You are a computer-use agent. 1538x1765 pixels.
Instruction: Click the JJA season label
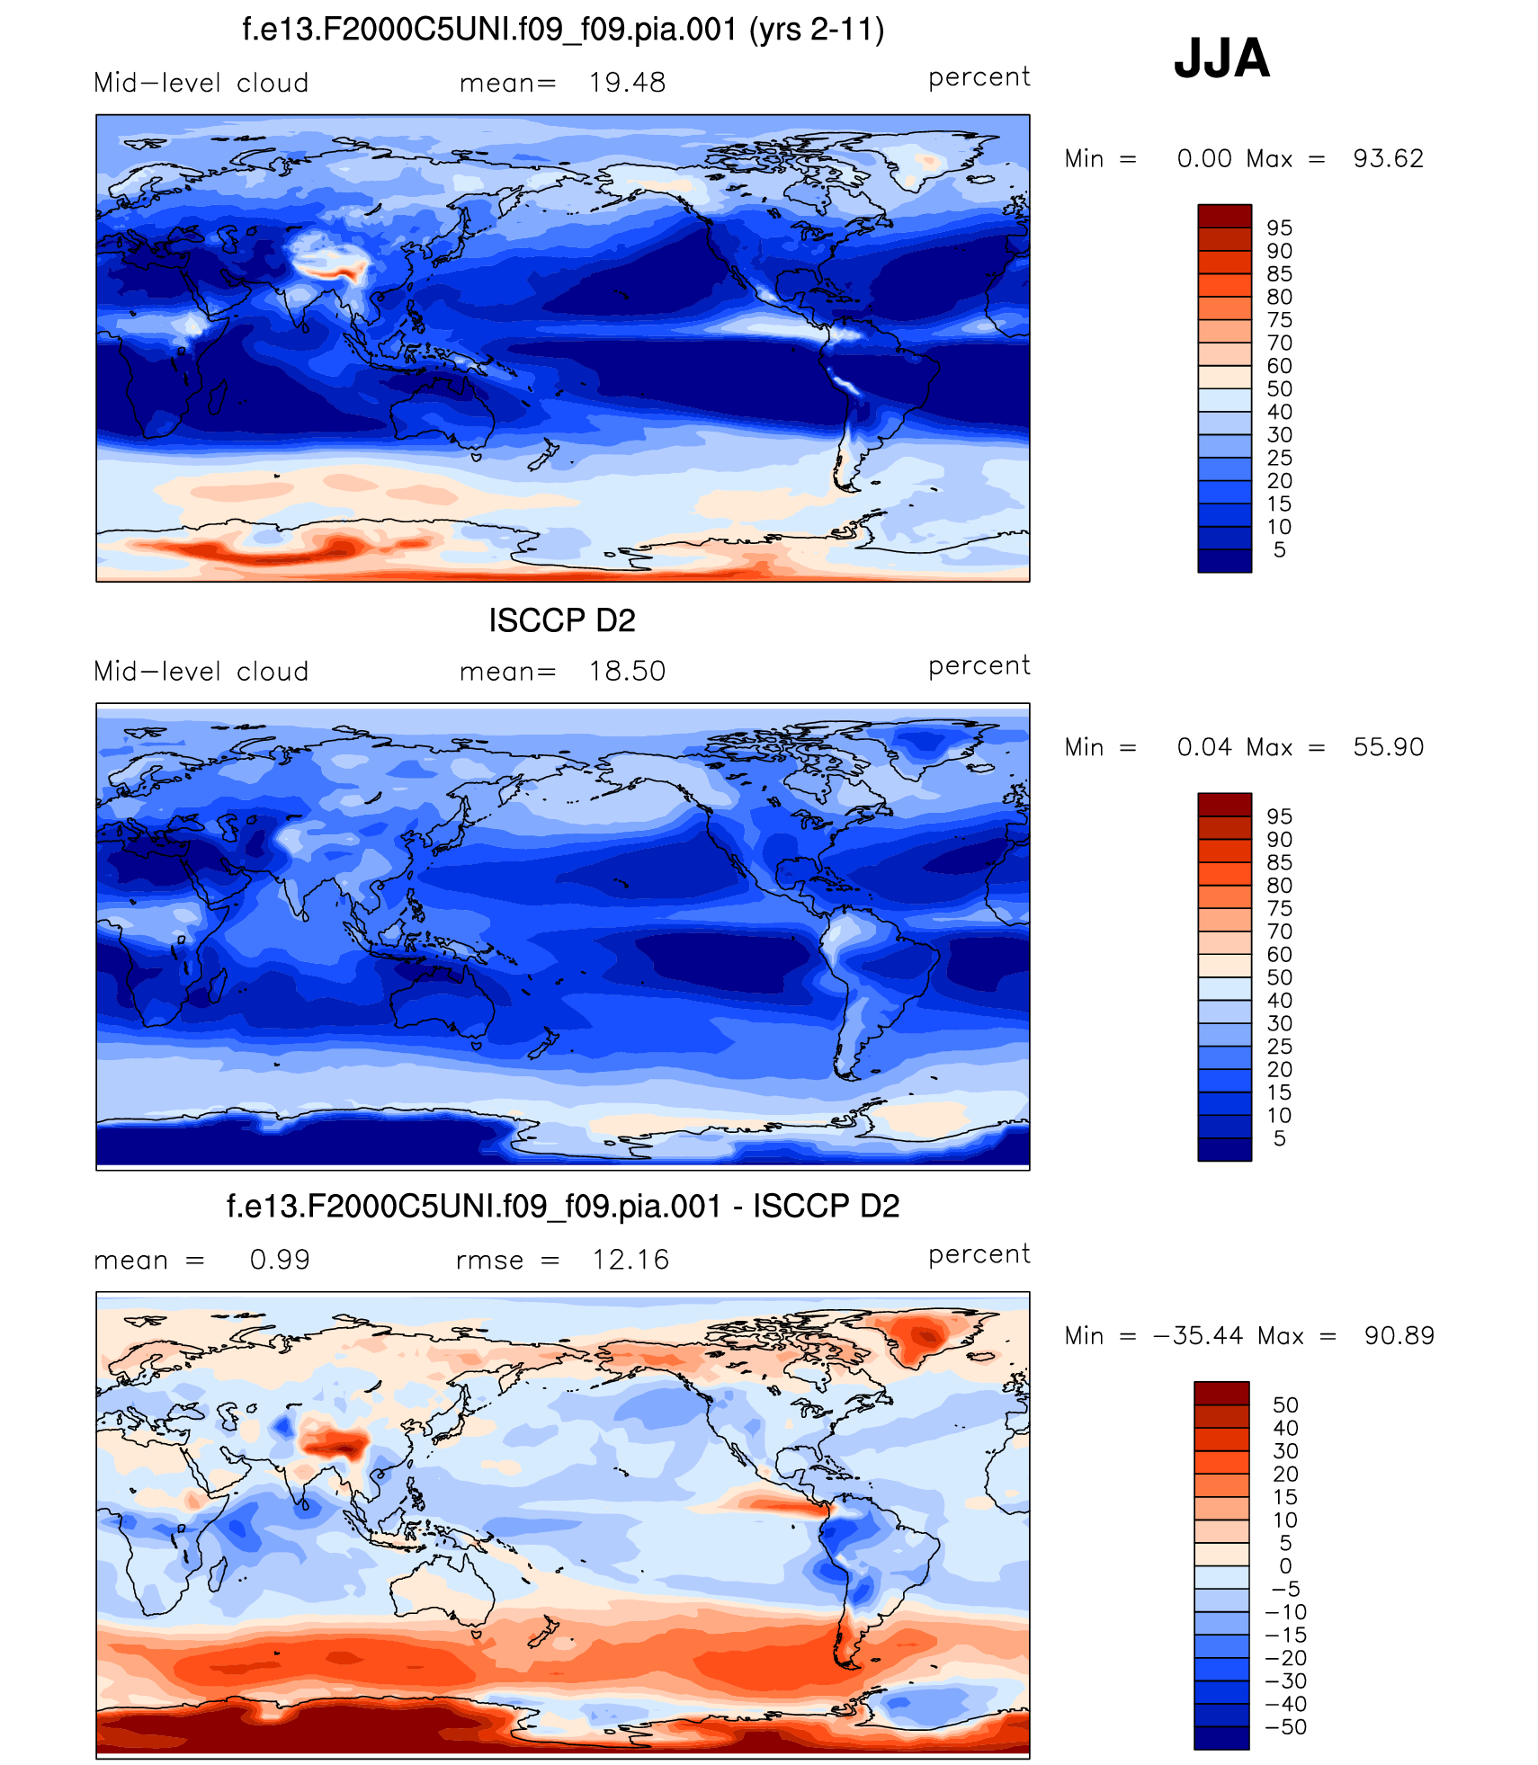coord(1221,59)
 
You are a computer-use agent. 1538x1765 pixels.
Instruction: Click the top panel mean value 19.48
coord(627,83)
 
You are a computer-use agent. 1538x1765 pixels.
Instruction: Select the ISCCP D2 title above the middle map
coord(562,620)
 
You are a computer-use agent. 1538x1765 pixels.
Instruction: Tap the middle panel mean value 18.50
coord(627,672)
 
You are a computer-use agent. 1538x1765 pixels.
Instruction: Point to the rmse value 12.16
coord(630,1260)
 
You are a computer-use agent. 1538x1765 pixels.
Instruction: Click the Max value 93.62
coord(1388,159)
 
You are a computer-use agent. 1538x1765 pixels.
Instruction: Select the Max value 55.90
coord(1388,747)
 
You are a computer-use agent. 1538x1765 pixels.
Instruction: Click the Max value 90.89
coord(1399,1336)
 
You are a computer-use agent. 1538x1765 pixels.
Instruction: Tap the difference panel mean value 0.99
coord(280,1260)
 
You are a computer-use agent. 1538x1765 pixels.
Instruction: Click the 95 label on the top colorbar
coord(1279,228)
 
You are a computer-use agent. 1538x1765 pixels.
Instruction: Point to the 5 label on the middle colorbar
coord(1279,1139)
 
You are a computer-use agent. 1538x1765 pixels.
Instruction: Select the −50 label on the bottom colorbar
coord(1285,1727)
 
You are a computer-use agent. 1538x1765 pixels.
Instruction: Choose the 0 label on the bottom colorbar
coord(1285,1566)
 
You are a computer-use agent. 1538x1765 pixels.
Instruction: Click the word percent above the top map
coord(979,78)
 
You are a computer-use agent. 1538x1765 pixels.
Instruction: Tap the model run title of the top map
coord(563,30)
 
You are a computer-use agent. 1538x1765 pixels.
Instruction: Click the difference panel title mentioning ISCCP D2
coord(563,1207)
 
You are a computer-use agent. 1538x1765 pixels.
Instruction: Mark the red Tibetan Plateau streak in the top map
coord(333,270)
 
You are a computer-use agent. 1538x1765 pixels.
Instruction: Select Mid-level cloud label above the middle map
coord(201,672)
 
